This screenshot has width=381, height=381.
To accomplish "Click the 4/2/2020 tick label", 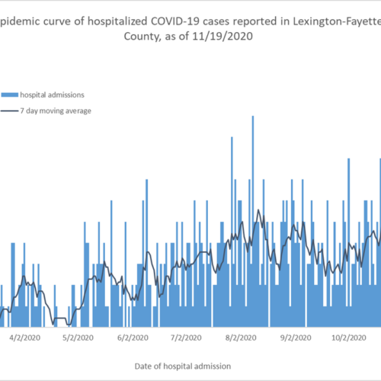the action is click(25, 338).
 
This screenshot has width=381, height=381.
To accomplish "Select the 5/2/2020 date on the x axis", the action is click(78, 338).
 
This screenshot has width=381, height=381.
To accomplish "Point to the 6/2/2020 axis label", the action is click(133, 338).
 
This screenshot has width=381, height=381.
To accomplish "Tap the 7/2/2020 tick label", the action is click(186, 338).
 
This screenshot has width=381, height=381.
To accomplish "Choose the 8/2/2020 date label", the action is click(241, 338).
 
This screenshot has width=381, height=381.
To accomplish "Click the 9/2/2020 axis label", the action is click(296, 338).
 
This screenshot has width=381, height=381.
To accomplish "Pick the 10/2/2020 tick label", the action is click(349, 338).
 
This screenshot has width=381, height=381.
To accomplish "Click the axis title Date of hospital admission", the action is click(183, 367).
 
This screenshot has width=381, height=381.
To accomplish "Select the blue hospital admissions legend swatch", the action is click(10, 95).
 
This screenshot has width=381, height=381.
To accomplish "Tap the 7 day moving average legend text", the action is click(56, 111).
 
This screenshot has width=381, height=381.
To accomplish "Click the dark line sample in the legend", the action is click(10, 111).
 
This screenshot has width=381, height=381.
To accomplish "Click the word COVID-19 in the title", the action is click(176, 21).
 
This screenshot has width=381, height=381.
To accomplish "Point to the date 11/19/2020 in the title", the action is click(223, 37).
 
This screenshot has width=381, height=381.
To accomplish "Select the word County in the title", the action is click(142, 37).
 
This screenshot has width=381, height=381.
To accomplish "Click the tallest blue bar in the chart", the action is click(253, 221).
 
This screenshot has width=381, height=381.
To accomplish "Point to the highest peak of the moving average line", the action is click(258, 210).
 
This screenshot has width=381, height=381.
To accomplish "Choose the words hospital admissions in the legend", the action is click(52, 95).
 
